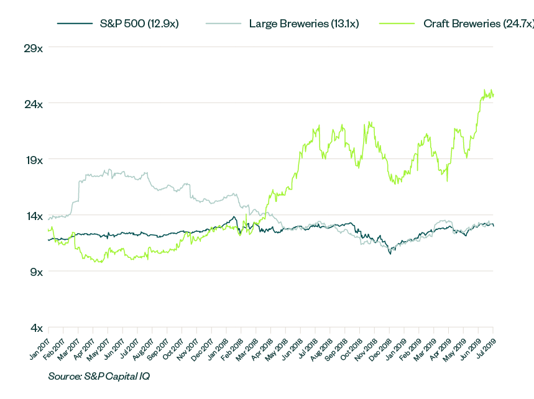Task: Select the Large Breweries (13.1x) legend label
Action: pos(303,24)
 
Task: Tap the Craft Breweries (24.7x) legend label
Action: pos(476,24)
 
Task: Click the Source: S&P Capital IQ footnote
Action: pos(99,376)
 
